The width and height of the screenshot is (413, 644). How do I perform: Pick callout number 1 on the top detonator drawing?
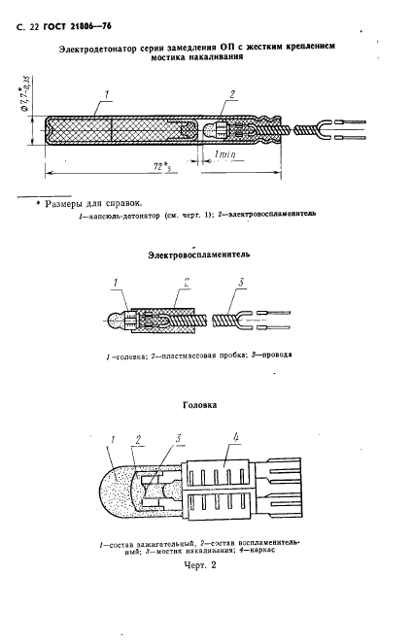[x=107, y=96]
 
